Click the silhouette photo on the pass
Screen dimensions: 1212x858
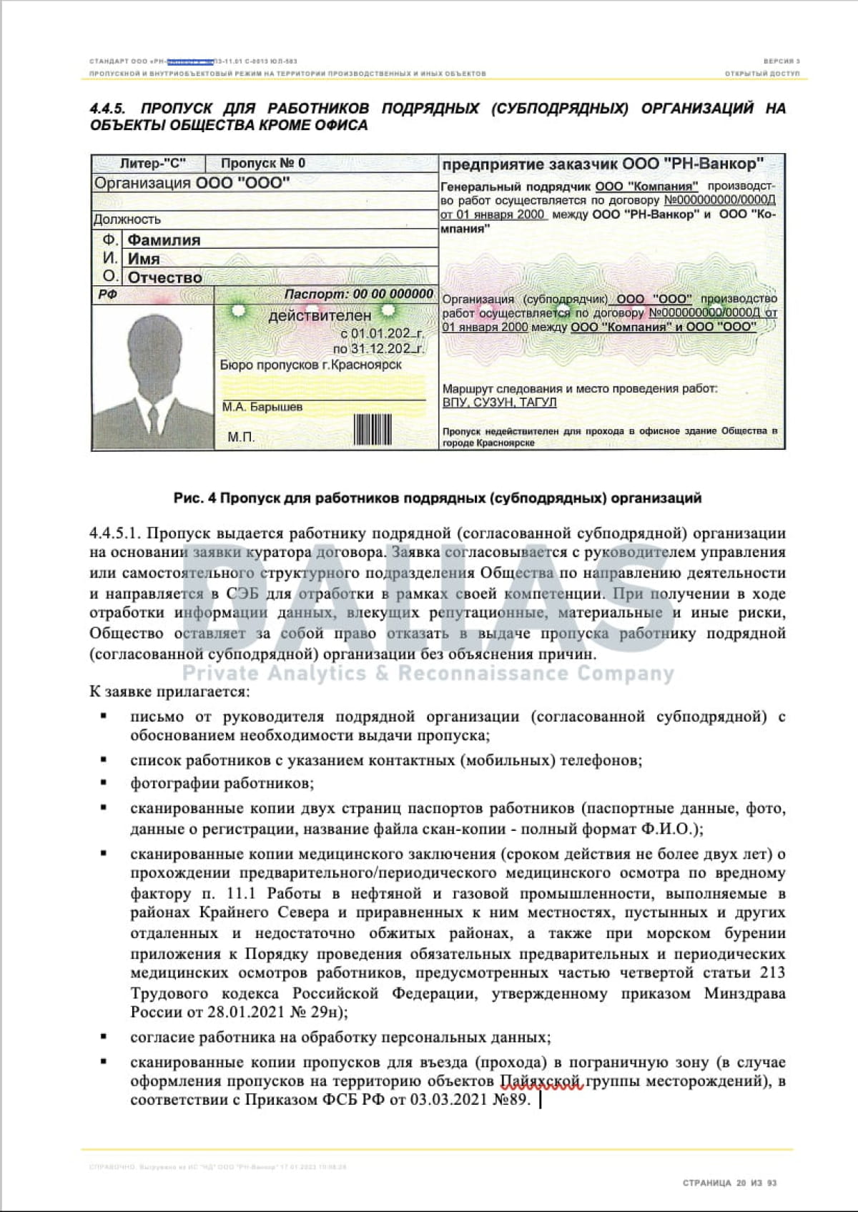153,377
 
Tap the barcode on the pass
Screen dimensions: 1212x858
373,430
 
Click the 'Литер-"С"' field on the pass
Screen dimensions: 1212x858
152,163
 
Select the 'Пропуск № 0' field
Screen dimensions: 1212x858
263,163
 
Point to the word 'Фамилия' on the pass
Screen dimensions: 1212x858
164,240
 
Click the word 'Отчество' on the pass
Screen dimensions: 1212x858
164,277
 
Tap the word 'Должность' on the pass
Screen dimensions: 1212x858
127,220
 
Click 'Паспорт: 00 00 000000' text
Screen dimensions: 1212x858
358,294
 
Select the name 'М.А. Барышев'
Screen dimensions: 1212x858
262,407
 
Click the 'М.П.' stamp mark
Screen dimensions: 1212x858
241,437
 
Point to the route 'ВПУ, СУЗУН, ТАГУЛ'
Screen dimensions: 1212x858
499,403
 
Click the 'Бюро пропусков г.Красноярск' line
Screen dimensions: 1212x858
310,365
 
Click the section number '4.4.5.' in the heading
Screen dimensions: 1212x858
108,109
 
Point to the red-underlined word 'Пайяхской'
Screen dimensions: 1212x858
542,1081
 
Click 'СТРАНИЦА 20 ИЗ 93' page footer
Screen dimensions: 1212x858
729,1183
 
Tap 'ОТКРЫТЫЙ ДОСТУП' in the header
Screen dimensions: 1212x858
762,74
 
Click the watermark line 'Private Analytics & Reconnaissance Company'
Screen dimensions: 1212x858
428,674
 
